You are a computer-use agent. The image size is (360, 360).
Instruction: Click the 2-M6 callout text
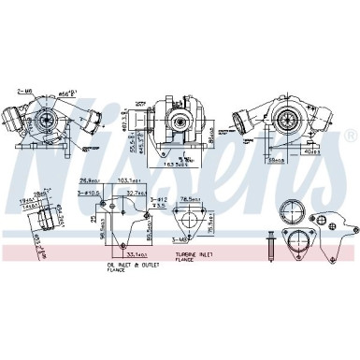tap(24, 90)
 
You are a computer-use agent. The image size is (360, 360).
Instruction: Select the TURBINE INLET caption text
tap(190, 253)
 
